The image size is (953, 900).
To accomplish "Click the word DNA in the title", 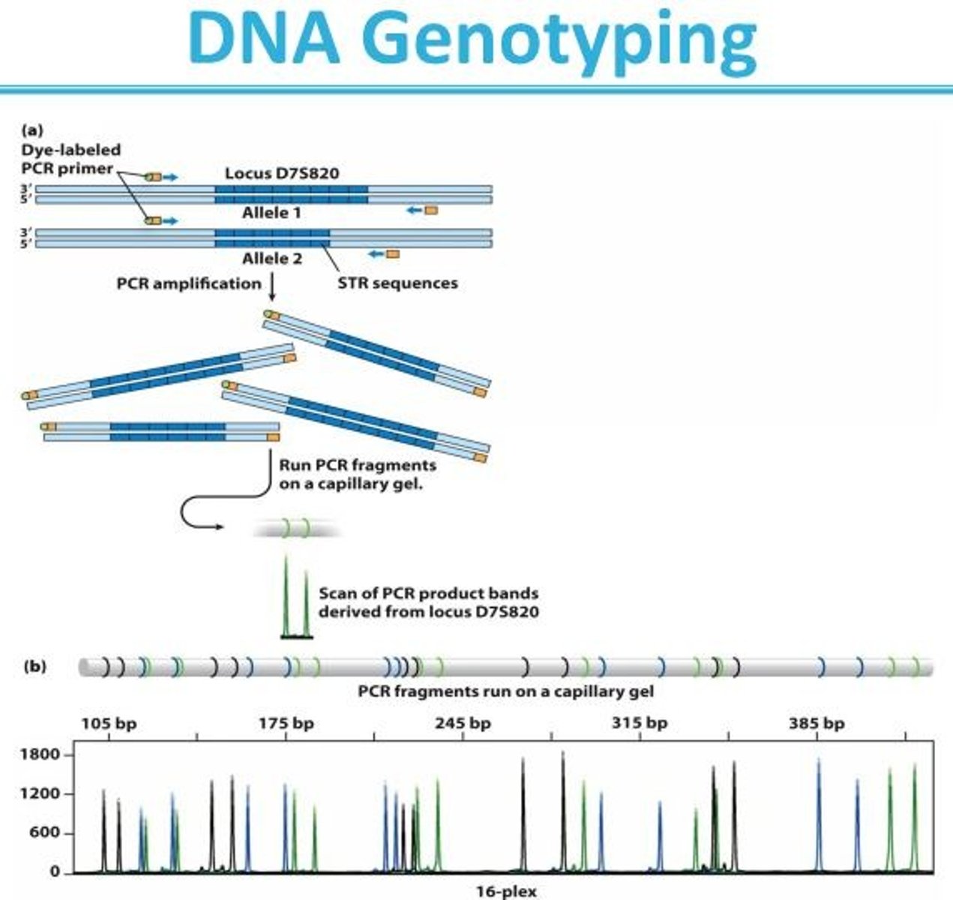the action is (265, 37).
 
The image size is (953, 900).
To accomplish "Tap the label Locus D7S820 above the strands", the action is (282, 172).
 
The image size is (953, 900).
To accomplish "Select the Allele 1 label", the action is (271, 213).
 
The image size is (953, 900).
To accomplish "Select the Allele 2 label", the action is (272, 259).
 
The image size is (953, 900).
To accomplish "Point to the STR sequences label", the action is (398, 283).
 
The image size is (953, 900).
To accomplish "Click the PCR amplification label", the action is (189, 283).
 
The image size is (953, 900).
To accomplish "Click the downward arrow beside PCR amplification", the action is (272, 287).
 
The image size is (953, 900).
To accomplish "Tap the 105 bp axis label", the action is (109, 723).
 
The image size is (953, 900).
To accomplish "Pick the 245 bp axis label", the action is (463, 723).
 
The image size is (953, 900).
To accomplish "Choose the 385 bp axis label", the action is (817, 723).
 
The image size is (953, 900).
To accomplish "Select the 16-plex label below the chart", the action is (506, 892).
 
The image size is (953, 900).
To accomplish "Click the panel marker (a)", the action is (33, 130).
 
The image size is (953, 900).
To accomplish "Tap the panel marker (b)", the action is (35, 667).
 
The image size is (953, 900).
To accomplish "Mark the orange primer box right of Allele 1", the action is (431, 210).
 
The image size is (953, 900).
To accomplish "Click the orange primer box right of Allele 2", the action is (393, 254).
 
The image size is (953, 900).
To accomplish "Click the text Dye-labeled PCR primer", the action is (71, 159).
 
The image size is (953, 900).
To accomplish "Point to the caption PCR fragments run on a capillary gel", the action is (506, 691).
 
